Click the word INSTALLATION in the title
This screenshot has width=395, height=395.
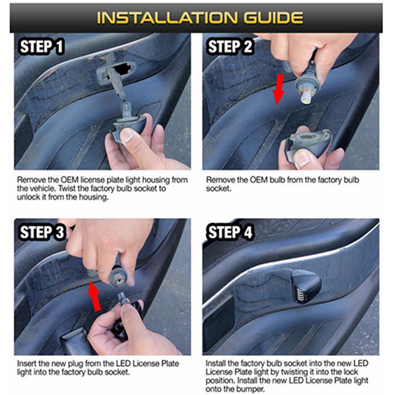[166, 18]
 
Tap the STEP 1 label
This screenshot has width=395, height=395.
[41, 47]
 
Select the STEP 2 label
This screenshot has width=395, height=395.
[230, 47]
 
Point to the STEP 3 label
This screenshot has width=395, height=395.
[42, 232]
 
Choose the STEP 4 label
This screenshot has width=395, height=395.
[230, 232]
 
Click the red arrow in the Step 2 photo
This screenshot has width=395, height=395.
[278, 89]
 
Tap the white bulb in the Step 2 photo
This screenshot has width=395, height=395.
[306, 97]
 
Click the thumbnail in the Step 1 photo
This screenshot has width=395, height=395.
[128, 135]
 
